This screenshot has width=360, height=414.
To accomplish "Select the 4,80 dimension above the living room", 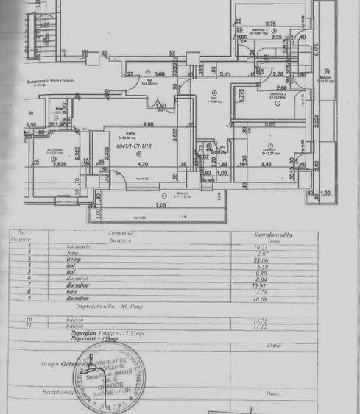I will [x=147, y=124].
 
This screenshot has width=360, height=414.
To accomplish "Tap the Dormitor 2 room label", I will [x=277, y=94].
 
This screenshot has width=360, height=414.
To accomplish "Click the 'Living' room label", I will [x=110, y=133].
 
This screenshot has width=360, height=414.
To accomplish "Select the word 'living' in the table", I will [x=73, y=260].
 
